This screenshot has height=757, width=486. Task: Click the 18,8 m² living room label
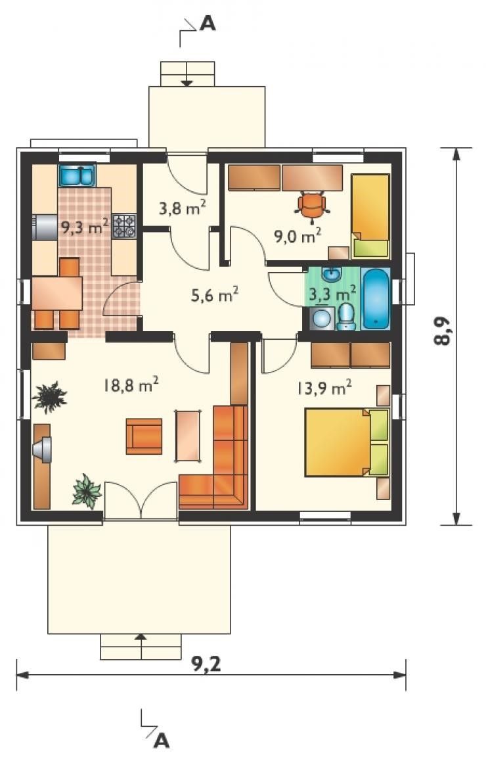pos(131,385)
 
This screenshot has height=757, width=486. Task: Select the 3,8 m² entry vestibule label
pos(183,208)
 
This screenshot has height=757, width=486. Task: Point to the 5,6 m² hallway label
pos(215,294)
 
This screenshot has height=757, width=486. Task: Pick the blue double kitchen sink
pos(77,175)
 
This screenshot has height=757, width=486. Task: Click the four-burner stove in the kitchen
pos(125,227)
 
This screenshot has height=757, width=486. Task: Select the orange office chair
pos(312,206)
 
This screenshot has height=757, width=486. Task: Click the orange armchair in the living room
pos(144,436)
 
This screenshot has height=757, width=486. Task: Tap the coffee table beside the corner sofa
pos(188,436)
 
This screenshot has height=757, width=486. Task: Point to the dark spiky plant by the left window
pos(49,397)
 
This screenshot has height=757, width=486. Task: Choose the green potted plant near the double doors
pos(87,491)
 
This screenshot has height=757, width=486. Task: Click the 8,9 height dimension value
pos(442,331)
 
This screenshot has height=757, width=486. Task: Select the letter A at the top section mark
pos(208,23)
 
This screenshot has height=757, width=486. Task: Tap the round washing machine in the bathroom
pos(320,318)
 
